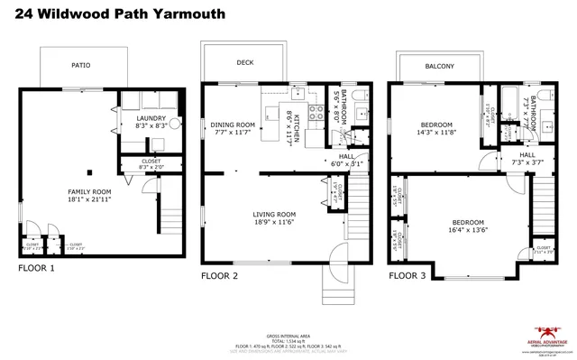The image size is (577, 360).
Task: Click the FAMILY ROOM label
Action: (x=89, y=192)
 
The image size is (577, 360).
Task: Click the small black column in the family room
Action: (x=88, y=171)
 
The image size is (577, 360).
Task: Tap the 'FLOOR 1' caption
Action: (x=37, y=268)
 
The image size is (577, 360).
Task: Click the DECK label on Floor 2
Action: (x=245, y=63)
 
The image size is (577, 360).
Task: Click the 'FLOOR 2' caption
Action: (x=219, y=275)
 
